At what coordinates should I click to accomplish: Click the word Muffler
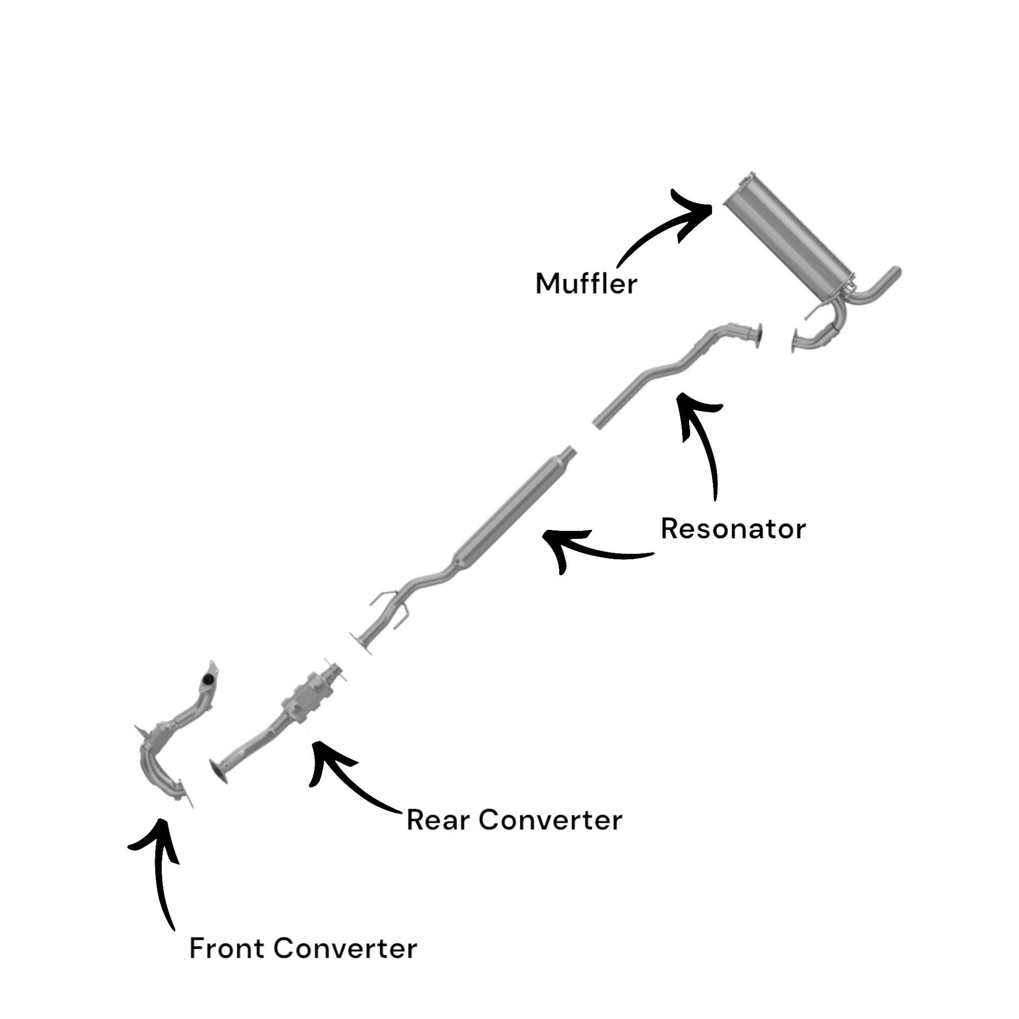click(x=586, y=284)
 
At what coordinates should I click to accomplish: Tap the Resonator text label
click(x=733, y=529)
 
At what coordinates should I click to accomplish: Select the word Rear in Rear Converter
click(x=438, y=820)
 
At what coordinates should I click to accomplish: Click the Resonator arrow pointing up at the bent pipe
click(x=702, y=443)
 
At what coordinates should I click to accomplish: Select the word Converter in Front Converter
click(x=346, y=948)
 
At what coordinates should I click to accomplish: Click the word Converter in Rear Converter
click(x=551, y=820)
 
